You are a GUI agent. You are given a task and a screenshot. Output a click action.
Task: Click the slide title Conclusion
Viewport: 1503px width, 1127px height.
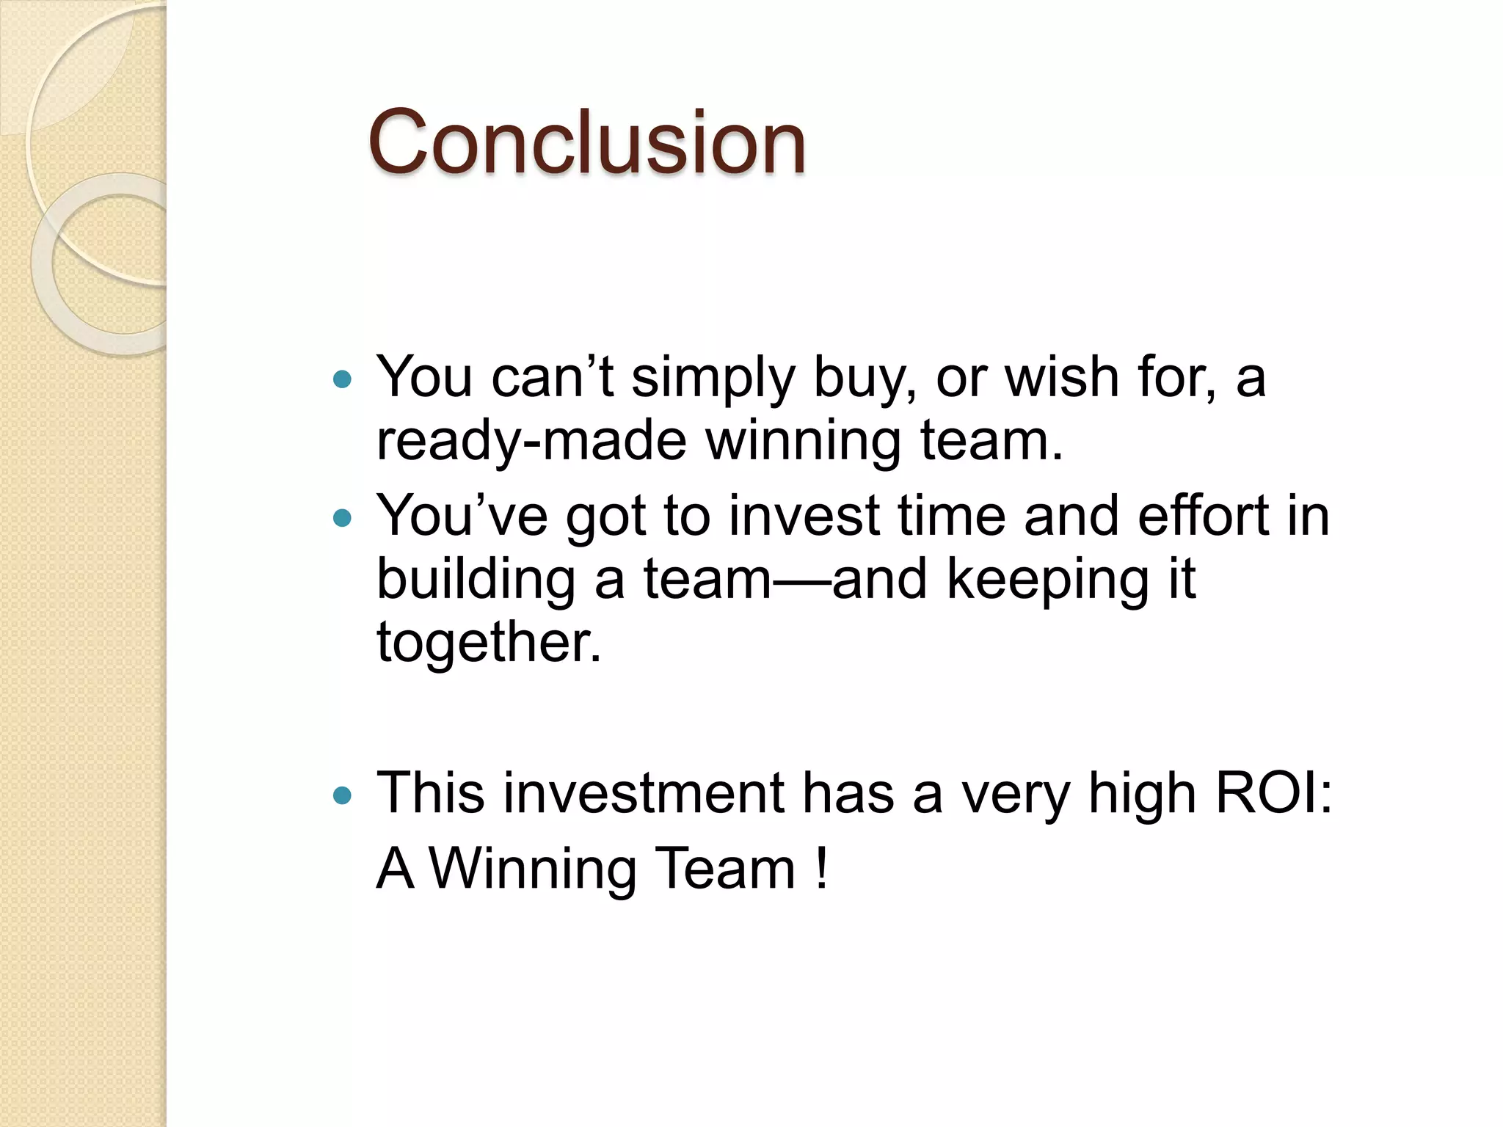586,142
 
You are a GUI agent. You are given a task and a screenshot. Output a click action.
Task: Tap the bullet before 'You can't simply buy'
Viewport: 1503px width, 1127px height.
342,379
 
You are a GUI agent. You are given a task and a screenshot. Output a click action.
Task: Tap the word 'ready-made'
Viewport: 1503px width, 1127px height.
531,442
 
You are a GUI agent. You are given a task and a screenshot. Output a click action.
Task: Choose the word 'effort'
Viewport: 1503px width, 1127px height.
1203,515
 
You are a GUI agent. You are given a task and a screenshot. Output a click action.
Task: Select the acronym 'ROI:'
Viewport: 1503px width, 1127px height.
1274,793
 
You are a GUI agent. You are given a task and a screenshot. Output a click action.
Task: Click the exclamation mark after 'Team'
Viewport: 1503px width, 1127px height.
821,869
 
